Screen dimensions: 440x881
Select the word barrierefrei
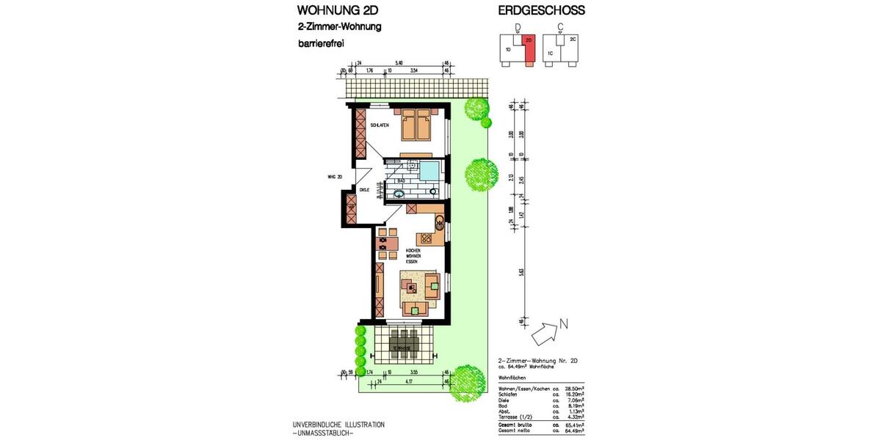coord(321,44)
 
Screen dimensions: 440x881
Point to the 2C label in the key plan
coord(573,39)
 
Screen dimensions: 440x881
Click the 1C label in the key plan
coord(550,53)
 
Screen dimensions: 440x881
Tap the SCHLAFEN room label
coord(380,126)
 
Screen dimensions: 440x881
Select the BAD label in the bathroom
coord(401,180)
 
